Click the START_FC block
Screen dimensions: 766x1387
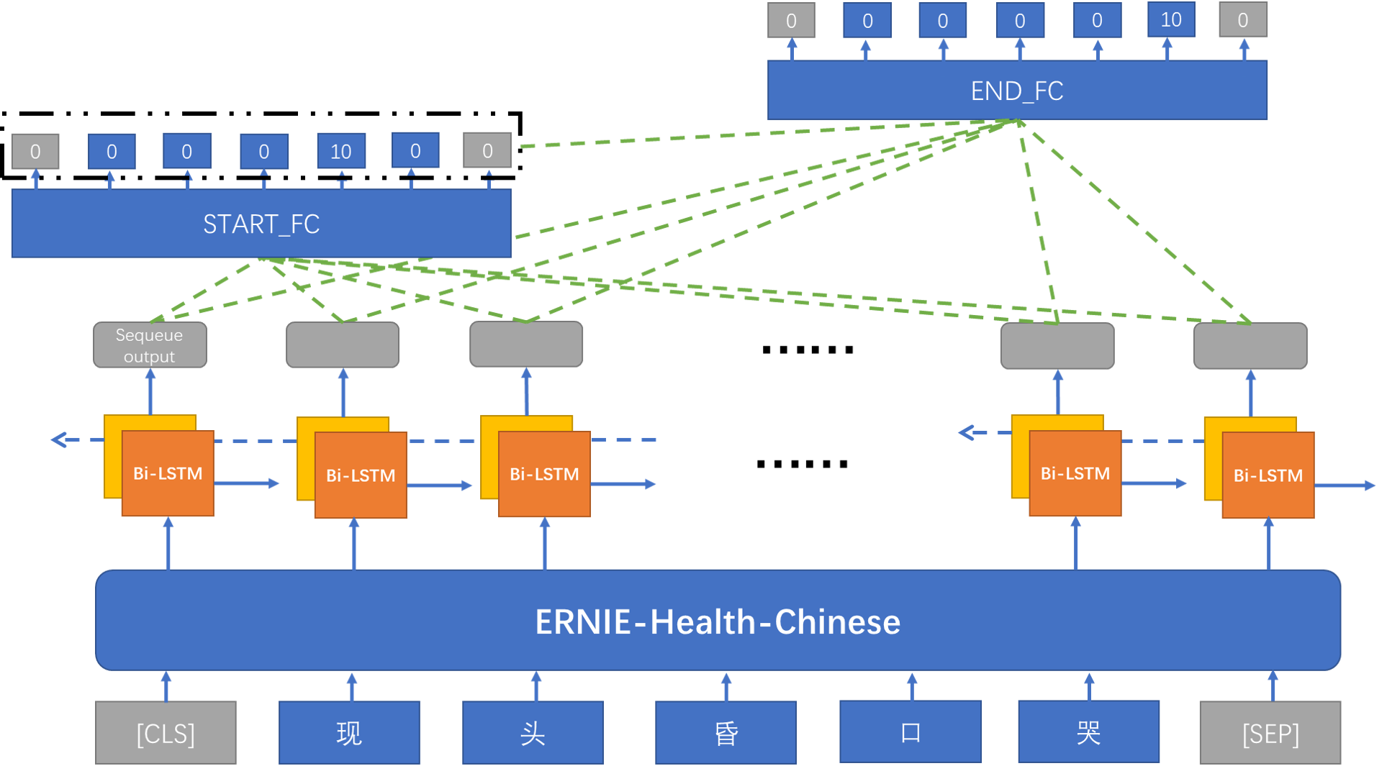click(261, 224)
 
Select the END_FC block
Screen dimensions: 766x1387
click(1016, 91)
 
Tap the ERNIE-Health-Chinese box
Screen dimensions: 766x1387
click(718, 621)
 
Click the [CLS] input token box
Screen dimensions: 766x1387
click(166, 733)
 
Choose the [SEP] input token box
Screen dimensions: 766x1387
click(1270, 733)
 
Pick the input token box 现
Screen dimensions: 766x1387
click(349, 733)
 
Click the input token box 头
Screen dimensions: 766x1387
click(533, 733)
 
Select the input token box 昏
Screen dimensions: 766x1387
click(726, 733)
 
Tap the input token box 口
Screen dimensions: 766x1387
click(911, 732)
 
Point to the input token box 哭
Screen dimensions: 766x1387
click(1088, 732)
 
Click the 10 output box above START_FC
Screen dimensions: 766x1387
click(341, 151)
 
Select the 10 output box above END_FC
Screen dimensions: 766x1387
click(1171, 19)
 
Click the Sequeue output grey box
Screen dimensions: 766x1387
click(150, 345)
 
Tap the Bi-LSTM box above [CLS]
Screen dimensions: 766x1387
click(167, 473)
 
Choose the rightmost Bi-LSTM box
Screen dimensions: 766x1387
click(1268, 475)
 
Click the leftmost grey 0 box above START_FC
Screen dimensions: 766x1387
click(35, 151)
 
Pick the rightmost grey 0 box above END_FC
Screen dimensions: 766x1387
click(1243, 20)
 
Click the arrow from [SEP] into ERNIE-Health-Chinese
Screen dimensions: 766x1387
click(1273, 685)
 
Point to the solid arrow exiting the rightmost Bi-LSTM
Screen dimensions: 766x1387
click(1346, 485)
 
